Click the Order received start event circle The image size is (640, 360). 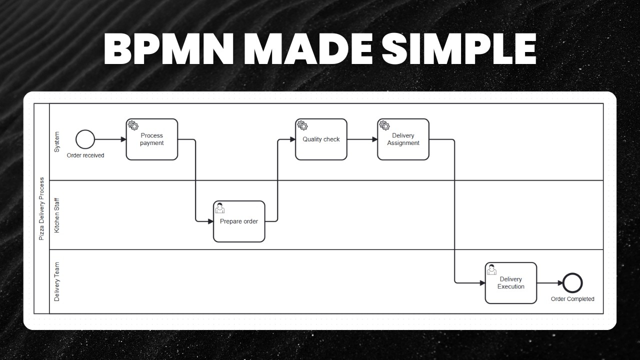click(85, 139)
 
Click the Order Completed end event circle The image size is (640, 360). click(572, 283)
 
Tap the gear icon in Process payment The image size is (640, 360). click(133, 125)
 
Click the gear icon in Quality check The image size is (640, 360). click(302, 125)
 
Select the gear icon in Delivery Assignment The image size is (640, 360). click(384, 125)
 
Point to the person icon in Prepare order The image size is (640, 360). click(219, 207)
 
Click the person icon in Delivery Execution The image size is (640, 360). click(491, 269)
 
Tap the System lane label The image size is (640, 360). click(56, 142)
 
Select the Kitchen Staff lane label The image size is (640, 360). click(56, 215)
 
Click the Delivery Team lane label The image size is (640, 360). click(56, 281)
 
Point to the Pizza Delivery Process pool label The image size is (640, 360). click(41, 208)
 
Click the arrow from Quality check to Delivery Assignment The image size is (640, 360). click(362, 139)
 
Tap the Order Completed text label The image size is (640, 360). click(572, 299)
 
